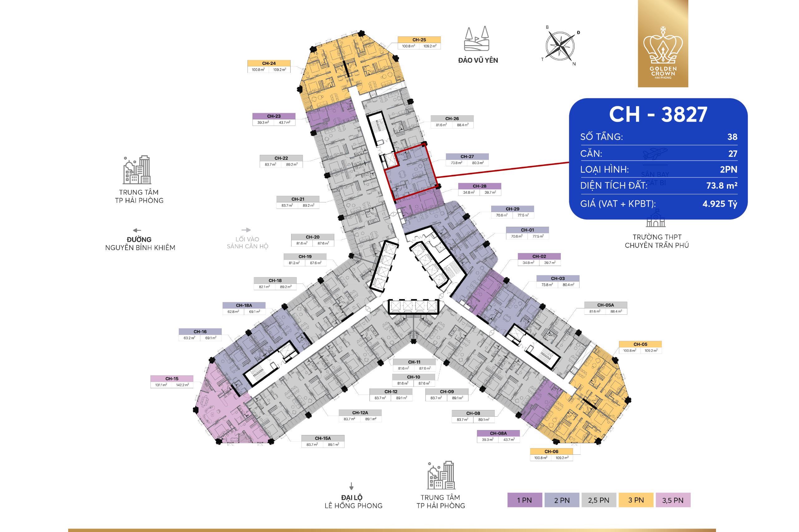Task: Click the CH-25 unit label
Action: (x=419, y=40)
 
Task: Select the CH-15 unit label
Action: (x=172, y=379)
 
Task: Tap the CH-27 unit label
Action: (x=467, y=157)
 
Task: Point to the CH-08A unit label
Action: (x=498, y=433)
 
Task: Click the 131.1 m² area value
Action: (x=161, y=385)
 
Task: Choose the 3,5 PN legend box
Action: (x=673, y=500)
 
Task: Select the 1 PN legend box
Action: (x=524, y=500)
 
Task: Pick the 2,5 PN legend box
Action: (x=598, y=500)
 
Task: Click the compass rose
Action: (x=560, y=46)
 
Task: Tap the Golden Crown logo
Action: (x=663, y=44)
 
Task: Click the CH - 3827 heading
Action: (x=658, y=114)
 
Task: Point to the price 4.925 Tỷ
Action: (x=719, y=204)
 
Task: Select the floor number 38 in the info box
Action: (x=732, y=137)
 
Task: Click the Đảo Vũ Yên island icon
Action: (x=477, y=39)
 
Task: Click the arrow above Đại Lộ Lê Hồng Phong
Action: (x=351, y=486)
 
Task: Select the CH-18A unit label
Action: (x=244, y=305)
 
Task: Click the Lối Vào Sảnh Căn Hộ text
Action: (x=248, y=243)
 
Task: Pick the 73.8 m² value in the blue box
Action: (x=722, y=186)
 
